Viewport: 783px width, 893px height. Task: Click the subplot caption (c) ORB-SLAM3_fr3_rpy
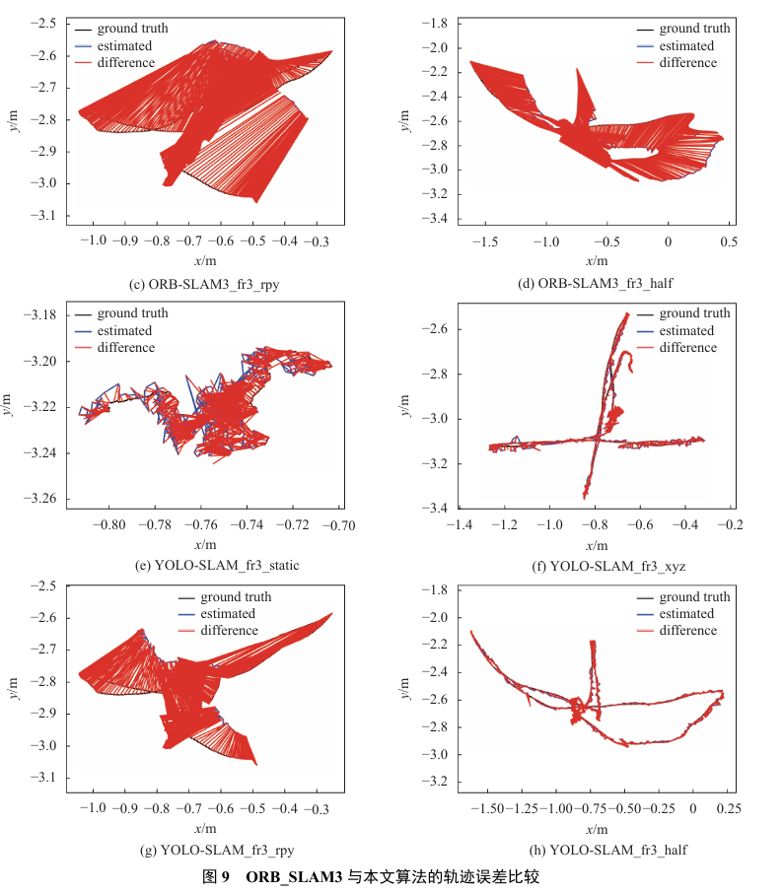coord(204,284)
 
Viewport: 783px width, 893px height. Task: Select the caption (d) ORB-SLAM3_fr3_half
coord(595,283)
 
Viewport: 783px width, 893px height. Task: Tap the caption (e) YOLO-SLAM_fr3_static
coord(217,565)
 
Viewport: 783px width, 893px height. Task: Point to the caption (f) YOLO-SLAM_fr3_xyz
coord(608,566)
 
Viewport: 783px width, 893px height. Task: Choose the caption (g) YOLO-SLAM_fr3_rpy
coord(217,851)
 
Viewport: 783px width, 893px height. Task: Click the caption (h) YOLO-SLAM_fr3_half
coord(608,850)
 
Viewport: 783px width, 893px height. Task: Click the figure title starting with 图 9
coord(371,876)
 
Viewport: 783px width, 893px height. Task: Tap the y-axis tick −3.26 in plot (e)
coord(39,499)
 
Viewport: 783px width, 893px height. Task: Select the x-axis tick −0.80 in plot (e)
coord(108,524)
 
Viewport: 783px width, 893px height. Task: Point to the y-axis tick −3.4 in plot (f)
coord(434,507)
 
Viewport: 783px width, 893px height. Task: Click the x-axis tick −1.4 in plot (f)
coord(460,524)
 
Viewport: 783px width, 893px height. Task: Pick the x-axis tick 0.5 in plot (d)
coord(729,241)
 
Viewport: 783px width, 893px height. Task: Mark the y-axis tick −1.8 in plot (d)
coord(434,23)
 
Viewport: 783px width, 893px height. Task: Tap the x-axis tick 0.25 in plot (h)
coord(729,808)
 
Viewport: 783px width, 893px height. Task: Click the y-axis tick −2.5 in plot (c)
coord(43,23)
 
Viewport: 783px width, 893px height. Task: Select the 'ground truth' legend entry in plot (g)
coord(225,597)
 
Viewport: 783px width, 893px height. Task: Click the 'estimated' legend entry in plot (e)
coord(113,330)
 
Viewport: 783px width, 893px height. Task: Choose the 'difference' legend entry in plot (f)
coord(677,347)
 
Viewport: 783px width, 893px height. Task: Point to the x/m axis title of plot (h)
coord(597,829)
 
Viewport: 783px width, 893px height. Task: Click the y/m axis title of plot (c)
coord(13,120)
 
